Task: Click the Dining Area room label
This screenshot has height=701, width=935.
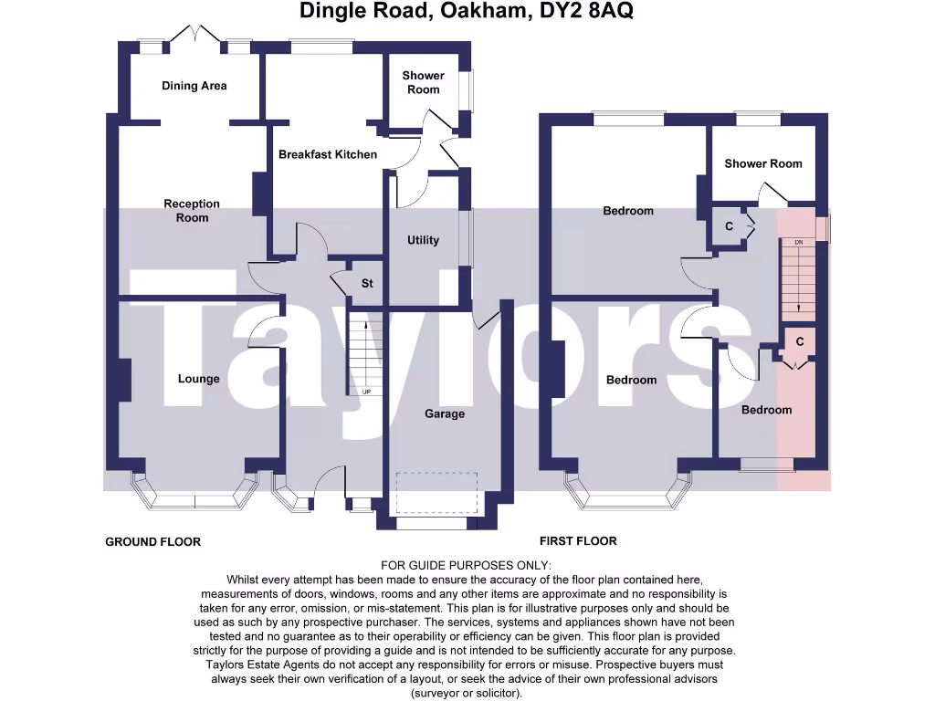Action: [194, 86]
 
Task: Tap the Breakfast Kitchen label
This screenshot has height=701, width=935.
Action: [327, 154]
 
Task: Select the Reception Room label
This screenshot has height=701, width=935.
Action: [192, 211]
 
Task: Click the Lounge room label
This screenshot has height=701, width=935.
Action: [198, 379]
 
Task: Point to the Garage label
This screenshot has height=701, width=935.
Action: [445, 413]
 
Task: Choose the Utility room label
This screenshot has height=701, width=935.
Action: [423, 240]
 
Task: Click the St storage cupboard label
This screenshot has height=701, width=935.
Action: [367, 284]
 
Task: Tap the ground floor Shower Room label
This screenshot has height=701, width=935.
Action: [423, 82]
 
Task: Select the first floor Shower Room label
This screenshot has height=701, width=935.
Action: [762, 163]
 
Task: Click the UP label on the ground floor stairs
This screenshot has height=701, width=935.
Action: [367, 392]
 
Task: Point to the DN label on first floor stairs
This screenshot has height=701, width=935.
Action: [798, 243]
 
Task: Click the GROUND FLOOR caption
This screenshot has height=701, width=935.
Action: [152, 541]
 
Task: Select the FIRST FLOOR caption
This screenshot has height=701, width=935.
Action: [578, 540]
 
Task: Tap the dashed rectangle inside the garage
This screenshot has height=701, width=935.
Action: [436, 494]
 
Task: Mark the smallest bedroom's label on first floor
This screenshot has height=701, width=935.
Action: [766, 410]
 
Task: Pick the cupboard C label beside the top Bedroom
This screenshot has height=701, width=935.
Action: [729, 225]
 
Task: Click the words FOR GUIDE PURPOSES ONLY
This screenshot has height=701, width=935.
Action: [467, 566]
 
